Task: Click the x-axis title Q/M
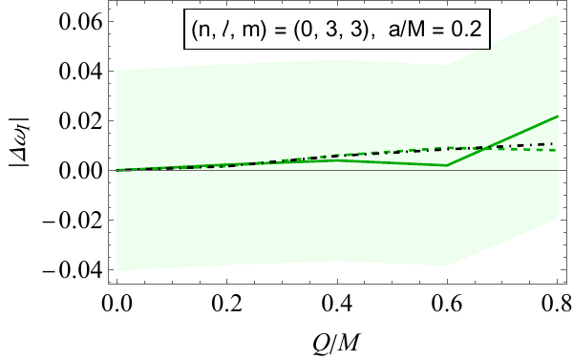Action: [x=336, y=340]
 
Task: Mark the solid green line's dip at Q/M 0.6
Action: [x=447, y=165]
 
